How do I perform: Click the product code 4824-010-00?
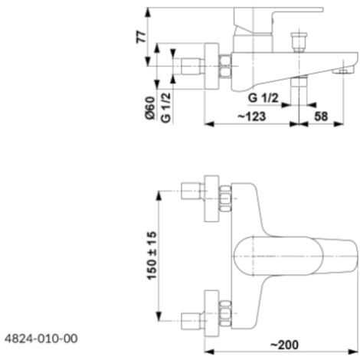click(41, 339)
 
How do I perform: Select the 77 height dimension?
click(141, 37)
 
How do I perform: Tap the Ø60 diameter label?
click(150, 108)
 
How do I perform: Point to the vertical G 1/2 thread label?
click(165, 107)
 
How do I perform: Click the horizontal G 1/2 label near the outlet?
click(263, 98)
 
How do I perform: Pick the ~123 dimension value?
click(252, 116)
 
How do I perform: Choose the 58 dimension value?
click(321, 116)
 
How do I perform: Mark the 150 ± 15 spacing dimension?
click(152, 256)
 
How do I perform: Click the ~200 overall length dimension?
click(284, 345)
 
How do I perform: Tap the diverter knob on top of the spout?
click(299, 42)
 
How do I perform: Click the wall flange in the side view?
click(211, 66)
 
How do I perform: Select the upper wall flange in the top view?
click(211, 198)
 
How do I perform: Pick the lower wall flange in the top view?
click(211, 313)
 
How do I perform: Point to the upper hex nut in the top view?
click(225, 198)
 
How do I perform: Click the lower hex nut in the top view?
click(225, 313)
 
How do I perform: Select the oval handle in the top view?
click(278, 256)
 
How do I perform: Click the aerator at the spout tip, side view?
click(344, 70)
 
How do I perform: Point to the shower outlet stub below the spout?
click(299, 83)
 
